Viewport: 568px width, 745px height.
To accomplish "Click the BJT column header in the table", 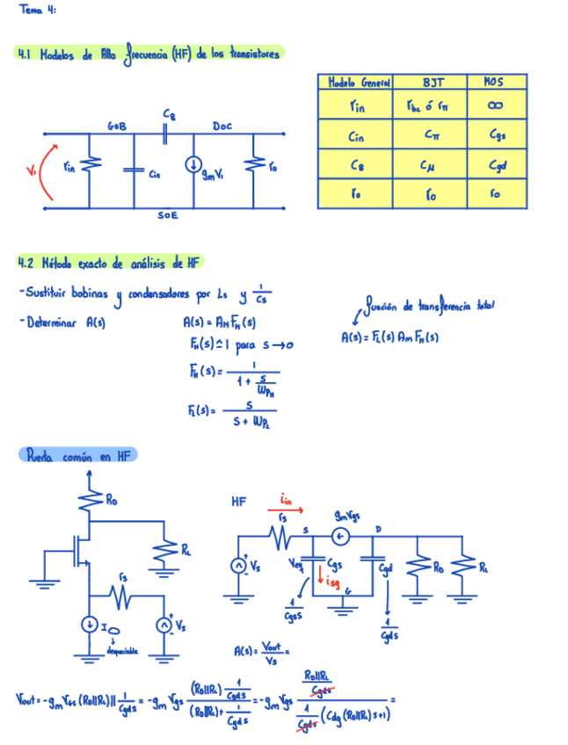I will click(x=431, y=83).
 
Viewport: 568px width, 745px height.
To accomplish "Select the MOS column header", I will click(x=495, y=83).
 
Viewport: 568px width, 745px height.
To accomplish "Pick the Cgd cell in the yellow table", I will click(x=496, y=165).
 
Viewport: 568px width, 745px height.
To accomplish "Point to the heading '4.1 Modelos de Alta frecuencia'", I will click(x=149, y=54).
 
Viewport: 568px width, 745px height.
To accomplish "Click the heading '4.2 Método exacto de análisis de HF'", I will click(x=109, y=262).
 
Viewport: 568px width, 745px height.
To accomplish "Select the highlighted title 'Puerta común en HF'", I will click(x=77, y=456).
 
